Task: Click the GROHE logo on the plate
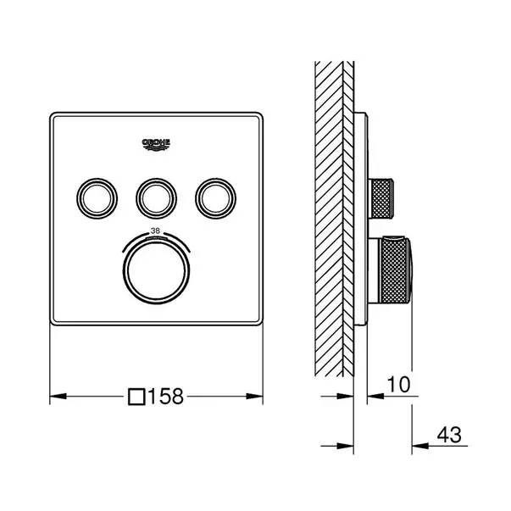pyautogui.click(x=156, y=144)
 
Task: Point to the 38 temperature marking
pyautogui.click(x=155, y=231)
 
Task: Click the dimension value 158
pyautogui.click(x=166, y=397)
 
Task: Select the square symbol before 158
pyautogui.click(x=136, y=397)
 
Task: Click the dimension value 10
pyautogui.click(x=399, y=384)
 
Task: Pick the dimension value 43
pyautogui.click(x=449, y=435)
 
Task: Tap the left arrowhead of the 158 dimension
pyautogui.click(x=58, y=397)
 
